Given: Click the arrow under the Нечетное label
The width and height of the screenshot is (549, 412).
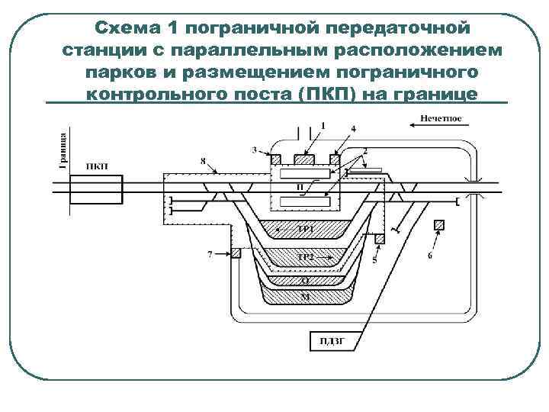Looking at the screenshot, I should coord(432,130).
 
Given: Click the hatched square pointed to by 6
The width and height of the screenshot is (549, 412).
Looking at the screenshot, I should coord(438,225).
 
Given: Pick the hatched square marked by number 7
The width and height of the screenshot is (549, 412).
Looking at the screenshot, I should coord(236,253).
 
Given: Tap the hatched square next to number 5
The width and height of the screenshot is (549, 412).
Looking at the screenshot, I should coord(379,240).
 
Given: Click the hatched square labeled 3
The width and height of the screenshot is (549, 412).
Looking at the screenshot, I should coord(274,159).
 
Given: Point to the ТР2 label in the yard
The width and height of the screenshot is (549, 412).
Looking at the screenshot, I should coord(305,257).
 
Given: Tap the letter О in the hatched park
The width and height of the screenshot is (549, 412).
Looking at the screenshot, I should coord(304,280).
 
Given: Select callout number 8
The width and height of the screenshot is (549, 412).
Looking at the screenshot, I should coord(203,160).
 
